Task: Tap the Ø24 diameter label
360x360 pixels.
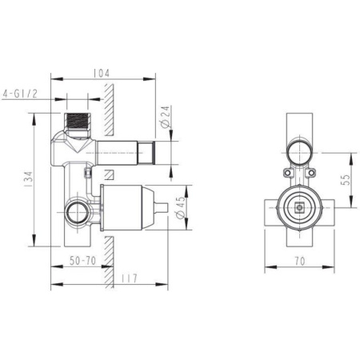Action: click(166, 119)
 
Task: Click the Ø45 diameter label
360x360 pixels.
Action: click(181, 208)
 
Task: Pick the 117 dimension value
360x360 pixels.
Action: click(130, 278)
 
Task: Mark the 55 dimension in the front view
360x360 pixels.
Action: click(346, 181)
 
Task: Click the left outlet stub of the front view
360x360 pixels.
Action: click(270, 210)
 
